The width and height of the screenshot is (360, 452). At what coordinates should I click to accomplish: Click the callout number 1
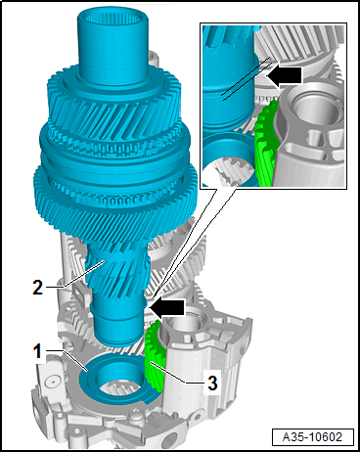[38, 352]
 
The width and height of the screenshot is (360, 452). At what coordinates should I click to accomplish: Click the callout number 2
[38, 288]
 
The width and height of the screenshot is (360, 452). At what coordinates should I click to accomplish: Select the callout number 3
[212, 383]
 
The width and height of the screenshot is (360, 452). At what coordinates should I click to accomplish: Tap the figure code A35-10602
[312, 437]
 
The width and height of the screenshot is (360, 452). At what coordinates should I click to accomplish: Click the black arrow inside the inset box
[285, 75]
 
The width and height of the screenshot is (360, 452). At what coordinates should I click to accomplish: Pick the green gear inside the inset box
[266, 144]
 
